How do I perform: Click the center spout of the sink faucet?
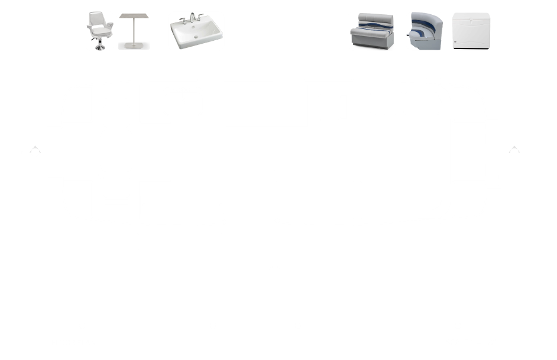192,21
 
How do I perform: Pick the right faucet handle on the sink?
200,20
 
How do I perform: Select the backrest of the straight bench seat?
372,21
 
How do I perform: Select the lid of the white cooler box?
471,18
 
